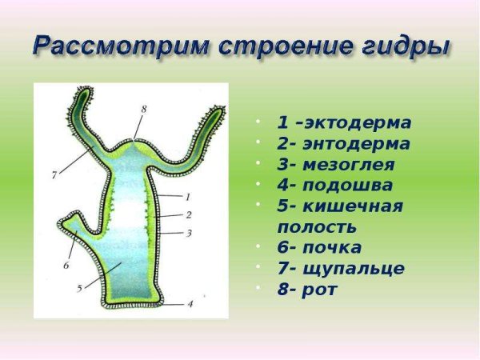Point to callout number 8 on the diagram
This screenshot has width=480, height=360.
coord(143,109)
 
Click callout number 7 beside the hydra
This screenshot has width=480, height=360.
coord(54,173)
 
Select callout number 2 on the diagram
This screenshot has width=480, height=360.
coord(188,215)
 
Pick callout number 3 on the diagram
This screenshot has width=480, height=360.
coord(189,233)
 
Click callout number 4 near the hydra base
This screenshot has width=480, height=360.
coord(190,303)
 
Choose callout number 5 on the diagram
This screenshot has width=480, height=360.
coord(79,287)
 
